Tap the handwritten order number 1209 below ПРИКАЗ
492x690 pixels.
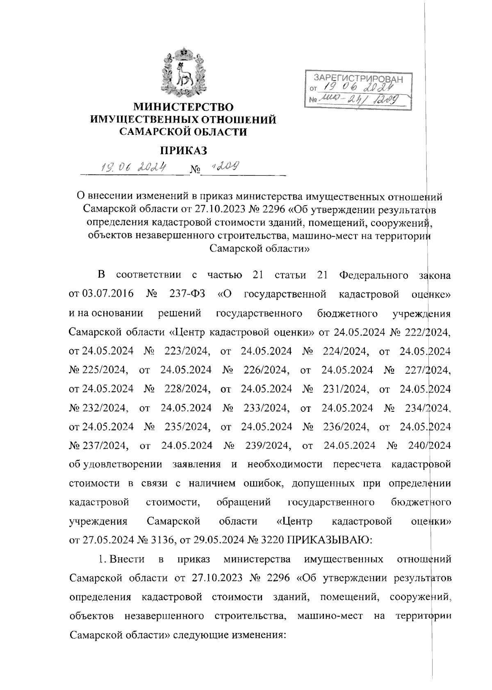[225, 166]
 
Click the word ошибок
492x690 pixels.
[263, 483]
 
